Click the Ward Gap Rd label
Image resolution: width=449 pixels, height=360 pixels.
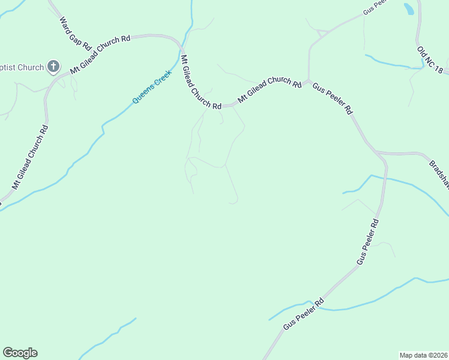coord(75,34)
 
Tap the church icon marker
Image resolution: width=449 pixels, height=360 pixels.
coord(53,67)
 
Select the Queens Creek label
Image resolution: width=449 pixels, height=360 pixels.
coord(152,86)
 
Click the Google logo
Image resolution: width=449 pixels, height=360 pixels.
coord(20,353)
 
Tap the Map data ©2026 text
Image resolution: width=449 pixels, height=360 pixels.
coord(423,355)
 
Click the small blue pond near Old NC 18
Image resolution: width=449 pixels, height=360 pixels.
coord(409,8)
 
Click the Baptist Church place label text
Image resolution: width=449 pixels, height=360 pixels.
coord(22,67)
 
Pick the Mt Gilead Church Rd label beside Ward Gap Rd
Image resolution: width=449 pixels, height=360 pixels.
coord(100,54)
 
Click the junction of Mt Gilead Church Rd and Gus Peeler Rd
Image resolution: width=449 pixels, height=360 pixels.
coord(308,82)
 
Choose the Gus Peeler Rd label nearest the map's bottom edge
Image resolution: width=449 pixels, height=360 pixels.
coord(304,313)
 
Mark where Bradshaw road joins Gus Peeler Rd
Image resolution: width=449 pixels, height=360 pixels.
coord(380,153)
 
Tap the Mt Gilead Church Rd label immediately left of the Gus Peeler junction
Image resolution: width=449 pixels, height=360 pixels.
coord(270,90)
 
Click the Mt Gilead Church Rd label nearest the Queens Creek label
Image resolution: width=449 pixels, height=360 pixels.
coord(200,82)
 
